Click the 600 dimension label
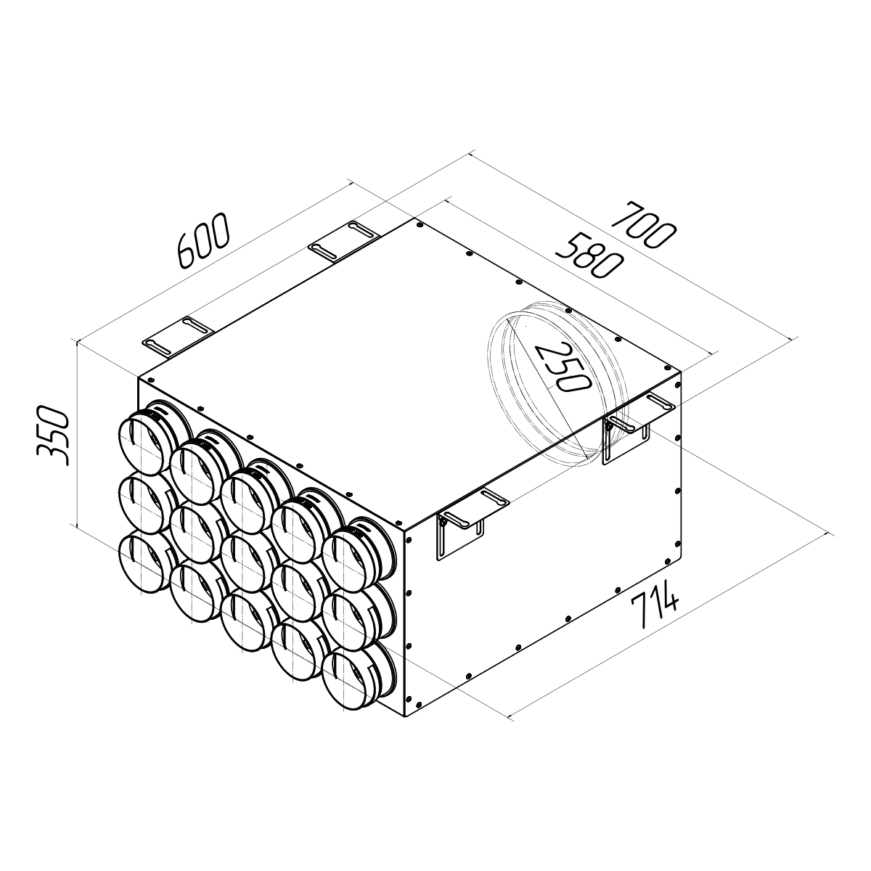pos(203,241)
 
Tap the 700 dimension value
pos(643,226)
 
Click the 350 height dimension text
pos(52,436)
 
